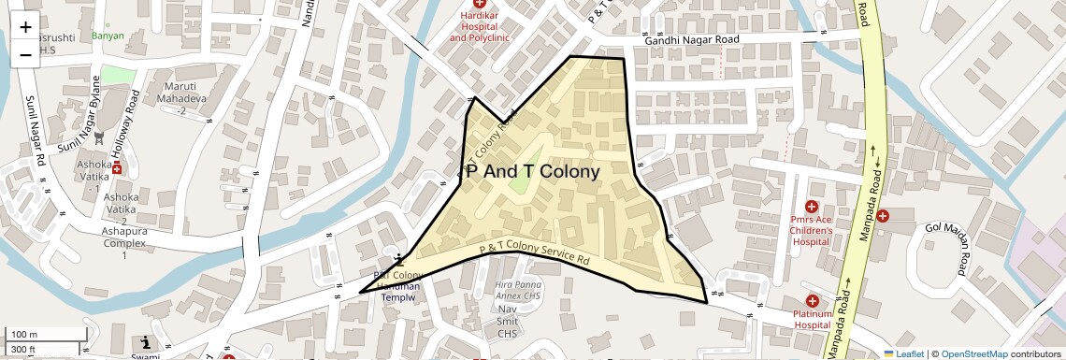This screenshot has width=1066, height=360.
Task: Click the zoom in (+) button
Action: click(x=25, y=27)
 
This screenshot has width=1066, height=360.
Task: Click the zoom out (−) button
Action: click(x=25, y=53)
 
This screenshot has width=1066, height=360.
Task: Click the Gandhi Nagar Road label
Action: click(x=692, y=40)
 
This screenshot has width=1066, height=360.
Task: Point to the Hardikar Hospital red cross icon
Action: click(x=479, y=5)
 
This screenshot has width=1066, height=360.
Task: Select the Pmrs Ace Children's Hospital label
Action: click(x=811, y=230)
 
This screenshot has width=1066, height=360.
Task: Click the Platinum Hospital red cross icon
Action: click(x=812, y=301)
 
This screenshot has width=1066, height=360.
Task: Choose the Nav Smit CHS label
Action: click(x=508, y=321)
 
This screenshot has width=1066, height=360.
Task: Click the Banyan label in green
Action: click(x=108, y=36)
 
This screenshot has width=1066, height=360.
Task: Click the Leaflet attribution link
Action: click(x=903, y=353)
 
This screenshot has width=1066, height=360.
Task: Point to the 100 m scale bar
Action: click(x=32, y=335)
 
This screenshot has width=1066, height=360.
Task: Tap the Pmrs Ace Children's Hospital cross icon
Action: click(x=811, y=206)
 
